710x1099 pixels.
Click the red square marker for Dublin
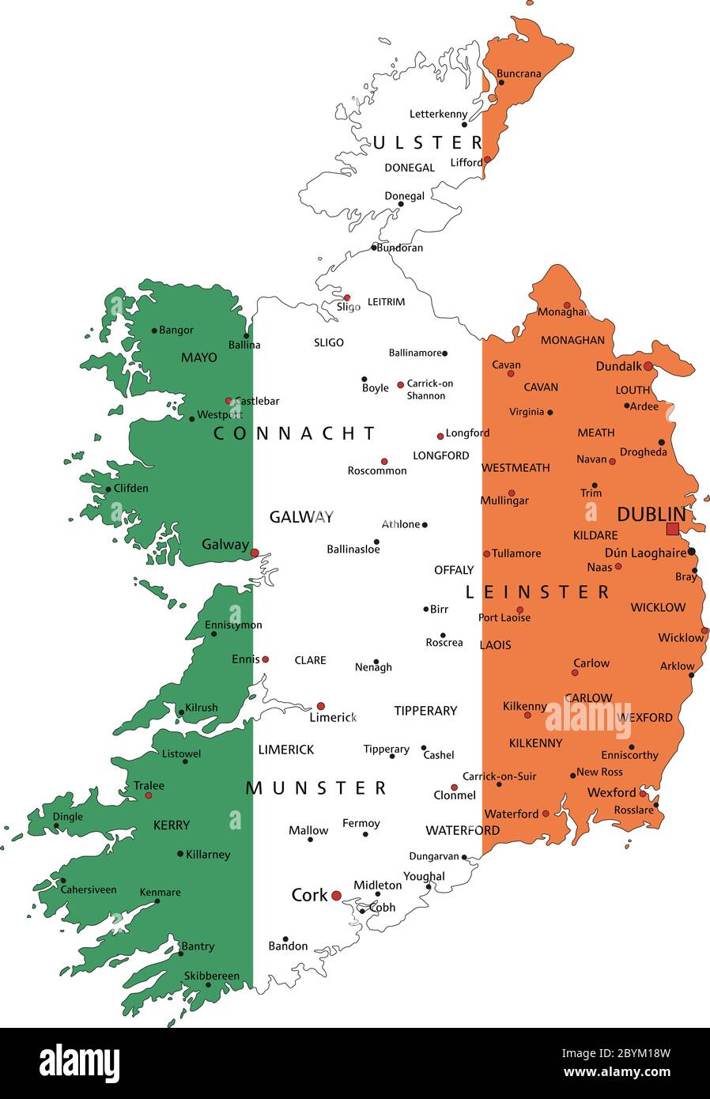[x=672, y=529]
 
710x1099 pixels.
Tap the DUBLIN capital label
[x=650, y=514]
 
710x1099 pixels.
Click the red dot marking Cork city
[x=336, y=896]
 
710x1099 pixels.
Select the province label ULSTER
[x=428, y=142]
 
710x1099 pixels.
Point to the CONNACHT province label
[x=295, y=433]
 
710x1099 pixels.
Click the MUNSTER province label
[x=316, y=788]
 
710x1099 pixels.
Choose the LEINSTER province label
[x=538, y=592]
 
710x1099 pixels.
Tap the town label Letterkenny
[x=438, y=114]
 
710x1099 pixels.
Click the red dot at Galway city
[x=255, y=553]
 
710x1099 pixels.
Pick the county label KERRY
[x=172, y=825]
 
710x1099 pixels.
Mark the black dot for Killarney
[x=180, y=854]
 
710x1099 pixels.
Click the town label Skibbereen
[x=211, y=976]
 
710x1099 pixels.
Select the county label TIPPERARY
[x=425, y=711]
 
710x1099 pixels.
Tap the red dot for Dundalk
[x=648, y=366]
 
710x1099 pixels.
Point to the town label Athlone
[x=401, y=524]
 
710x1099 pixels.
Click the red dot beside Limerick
[x=320, y=706]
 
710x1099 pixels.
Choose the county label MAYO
[x=198, y=357]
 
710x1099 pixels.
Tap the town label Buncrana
[x=519, y=74]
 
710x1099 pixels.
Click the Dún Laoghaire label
[x=645, y=553]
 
